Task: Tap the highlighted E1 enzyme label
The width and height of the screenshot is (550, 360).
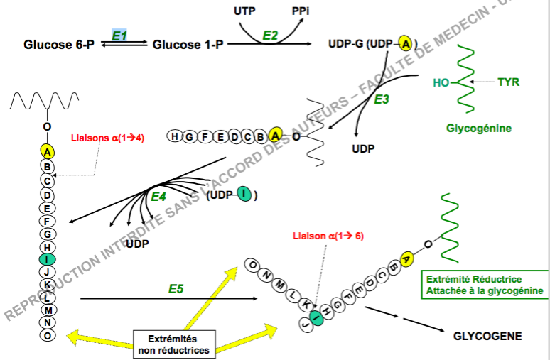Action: [119, 34]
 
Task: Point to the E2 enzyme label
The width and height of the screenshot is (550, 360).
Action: [271, 35]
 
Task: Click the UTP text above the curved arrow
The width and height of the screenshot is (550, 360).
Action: [245, 11]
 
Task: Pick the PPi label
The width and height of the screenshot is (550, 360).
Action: [301, 11]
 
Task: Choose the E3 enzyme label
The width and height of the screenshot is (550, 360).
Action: [382, 99]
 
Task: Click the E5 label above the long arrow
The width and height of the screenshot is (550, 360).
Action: [177, 289]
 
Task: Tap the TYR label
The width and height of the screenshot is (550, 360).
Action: [508, 82]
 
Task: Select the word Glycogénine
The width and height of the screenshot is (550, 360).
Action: [478, 129]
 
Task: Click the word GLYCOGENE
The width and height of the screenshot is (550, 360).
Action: [487, 336]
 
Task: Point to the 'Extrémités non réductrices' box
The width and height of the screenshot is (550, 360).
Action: [173, 344]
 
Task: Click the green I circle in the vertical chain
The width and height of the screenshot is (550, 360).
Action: [48, 259]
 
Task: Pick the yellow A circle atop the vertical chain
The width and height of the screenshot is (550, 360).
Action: [48, 151]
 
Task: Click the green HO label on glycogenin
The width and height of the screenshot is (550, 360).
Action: [441, 82]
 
